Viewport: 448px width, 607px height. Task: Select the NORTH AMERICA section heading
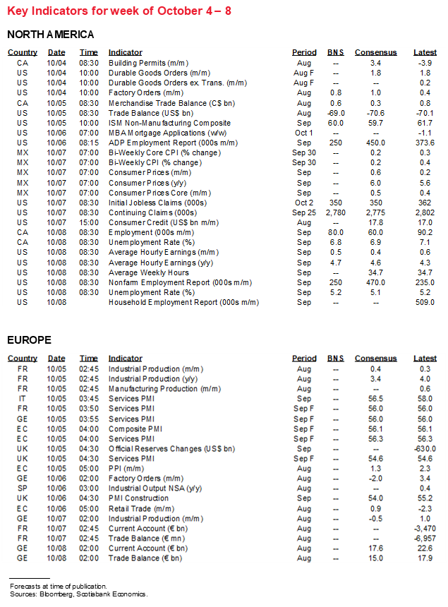50,35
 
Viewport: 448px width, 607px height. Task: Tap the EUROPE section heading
29,340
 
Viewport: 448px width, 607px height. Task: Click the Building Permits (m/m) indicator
142,63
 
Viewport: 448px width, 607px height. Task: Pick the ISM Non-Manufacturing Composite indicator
159,122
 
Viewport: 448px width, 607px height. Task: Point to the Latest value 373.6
425,142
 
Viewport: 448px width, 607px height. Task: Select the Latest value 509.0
425,302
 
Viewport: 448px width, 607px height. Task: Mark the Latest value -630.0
425,448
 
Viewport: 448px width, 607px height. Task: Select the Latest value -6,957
425,538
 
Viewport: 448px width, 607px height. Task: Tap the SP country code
23,488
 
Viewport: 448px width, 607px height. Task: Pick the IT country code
23,399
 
